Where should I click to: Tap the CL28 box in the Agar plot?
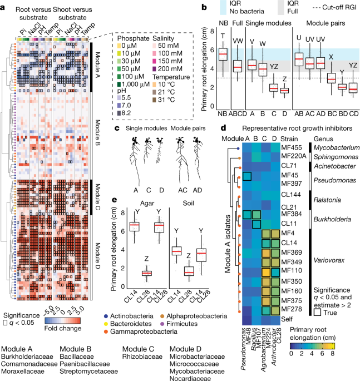[146, 273]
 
